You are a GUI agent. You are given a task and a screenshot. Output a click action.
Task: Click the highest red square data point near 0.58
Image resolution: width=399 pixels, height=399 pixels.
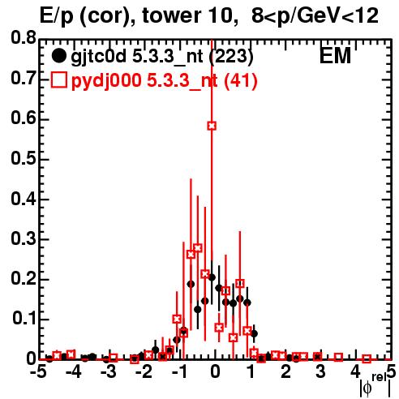point(212,126)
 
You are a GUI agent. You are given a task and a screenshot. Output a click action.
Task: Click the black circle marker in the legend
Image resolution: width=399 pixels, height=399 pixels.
point(58,56)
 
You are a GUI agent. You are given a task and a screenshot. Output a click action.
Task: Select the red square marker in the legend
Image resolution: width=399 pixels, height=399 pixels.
point(58,80)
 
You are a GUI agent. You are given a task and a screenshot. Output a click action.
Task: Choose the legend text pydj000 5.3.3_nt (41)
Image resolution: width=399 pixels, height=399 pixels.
point(165,81)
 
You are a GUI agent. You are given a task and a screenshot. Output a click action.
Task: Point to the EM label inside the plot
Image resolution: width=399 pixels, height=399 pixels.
point(335,55)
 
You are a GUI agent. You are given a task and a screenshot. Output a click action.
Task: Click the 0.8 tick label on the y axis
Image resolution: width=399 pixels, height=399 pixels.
point(24,38)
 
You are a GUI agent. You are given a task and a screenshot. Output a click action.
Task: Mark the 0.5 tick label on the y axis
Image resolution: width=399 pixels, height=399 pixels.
point(24,158)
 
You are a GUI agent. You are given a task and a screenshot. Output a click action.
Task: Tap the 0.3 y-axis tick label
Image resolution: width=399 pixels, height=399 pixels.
point(24,238)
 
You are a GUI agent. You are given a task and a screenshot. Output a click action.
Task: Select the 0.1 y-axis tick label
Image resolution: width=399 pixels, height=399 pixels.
point(24,319)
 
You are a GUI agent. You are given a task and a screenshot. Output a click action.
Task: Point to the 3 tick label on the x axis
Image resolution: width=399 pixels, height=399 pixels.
point(320,372)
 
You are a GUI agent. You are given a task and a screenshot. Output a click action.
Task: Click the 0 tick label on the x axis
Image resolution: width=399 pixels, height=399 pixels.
point(215,372)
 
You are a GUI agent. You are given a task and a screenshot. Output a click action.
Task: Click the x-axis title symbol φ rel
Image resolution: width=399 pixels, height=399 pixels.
point(375,385)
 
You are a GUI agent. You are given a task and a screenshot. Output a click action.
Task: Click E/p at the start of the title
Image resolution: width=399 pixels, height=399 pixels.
point(57,16)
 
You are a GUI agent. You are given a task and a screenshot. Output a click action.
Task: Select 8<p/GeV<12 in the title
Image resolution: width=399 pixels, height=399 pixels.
point(315,15)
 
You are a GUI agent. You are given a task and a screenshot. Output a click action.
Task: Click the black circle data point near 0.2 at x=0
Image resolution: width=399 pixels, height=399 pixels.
point(212,277)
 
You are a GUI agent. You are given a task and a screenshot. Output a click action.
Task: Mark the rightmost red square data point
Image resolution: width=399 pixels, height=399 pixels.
point(367,358)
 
